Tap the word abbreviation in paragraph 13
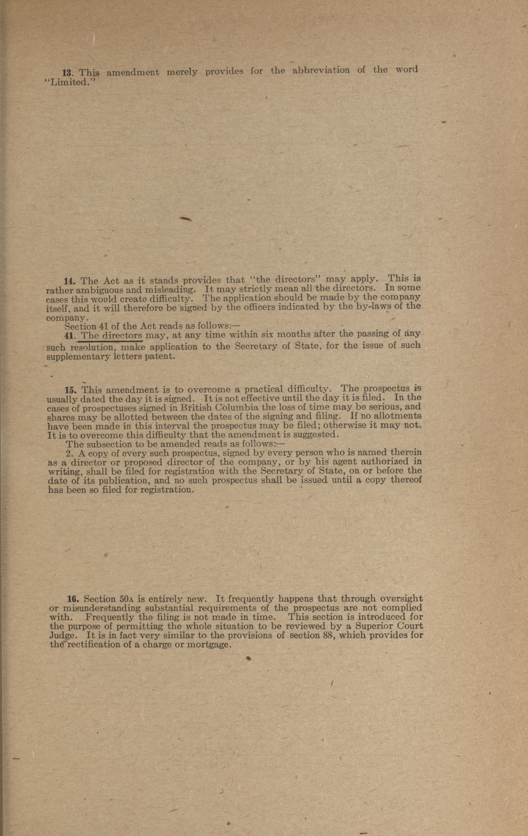321,71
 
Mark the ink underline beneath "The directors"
111,341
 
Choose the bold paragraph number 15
72,389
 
